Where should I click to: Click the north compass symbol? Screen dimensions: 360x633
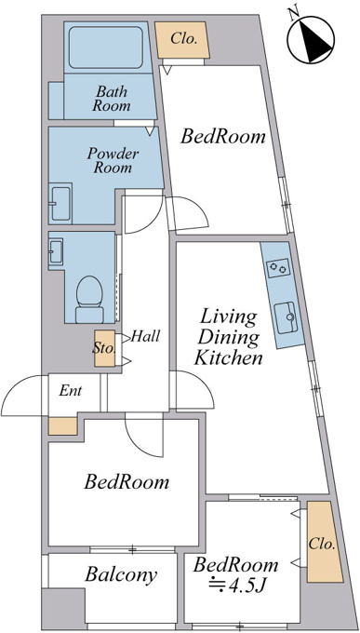coord(311,39)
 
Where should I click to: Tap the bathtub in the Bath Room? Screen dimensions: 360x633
coord(106,47)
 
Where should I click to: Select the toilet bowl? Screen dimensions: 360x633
coord(89,299)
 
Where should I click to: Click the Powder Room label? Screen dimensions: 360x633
coord(113,160)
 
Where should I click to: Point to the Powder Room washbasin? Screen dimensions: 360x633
coord(60,204)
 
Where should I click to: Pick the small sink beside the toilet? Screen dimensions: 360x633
coord(56,251)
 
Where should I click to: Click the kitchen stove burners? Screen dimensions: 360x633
coord(278,268)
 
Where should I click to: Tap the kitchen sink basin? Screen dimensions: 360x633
coord(287,317)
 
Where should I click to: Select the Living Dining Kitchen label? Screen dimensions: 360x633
coord(228,337)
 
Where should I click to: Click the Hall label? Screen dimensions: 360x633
coord(145,336)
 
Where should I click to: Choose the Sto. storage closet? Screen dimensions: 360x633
coord(104,348)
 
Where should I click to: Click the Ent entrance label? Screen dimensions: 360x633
coord(71,390)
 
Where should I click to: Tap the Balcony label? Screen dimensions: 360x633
coord(121,574)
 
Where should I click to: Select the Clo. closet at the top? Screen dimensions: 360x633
coord(183,40)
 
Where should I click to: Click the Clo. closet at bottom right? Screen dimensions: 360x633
coord(324,542)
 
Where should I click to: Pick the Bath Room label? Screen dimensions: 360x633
coord(112,99)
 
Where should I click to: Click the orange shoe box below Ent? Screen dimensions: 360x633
coord(63,426)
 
